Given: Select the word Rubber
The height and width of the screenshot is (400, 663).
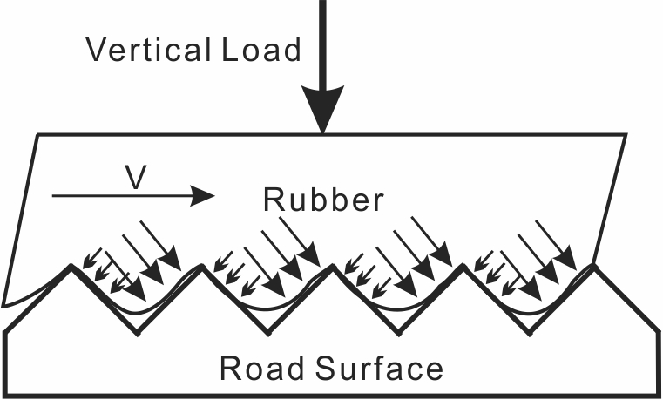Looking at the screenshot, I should (x=322, y=200).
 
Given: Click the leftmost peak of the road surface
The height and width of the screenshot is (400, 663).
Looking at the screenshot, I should (x=71, y=266).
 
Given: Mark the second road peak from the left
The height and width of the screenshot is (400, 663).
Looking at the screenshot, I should (x=202, y=266).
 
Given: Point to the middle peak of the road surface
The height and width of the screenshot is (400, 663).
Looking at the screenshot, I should (x=333, y=266).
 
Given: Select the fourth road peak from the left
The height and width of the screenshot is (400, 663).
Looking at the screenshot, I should (x=463, y=266).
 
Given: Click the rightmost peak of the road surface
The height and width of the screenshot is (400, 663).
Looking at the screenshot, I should (x=595, y=266).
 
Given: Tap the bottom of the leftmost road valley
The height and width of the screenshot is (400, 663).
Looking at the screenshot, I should (x=137, y=332).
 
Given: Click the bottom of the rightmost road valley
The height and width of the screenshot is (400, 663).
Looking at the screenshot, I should (x=529, y=332).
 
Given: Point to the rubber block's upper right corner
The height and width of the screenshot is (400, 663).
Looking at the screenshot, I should (x=626, y=135).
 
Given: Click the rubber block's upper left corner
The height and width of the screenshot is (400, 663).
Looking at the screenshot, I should (x=37, y=135).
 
